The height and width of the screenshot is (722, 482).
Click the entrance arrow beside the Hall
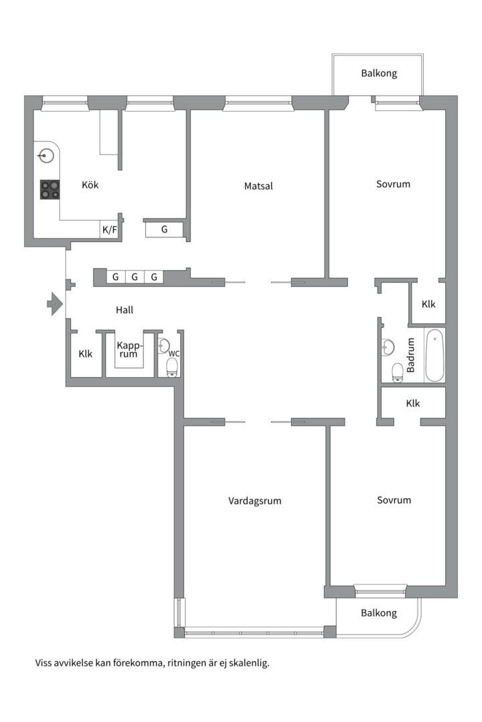click(x=55, y=304)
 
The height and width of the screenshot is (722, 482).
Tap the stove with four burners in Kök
click(x=50, y=189)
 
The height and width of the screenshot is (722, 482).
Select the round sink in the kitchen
click(x=46, y=156)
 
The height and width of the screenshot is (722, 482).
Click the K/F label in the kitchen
click(x=110, y=229)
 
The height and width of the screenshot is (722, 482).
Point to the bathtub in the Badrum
click(x=434, y=354)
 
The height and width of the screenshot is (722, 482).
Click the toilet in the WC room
click(x=172, y=368)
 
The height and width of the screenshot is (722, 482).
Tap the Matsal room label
click(x=258, y=186)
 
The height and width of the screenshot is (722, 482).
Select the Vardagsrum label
click(x=254, y=501)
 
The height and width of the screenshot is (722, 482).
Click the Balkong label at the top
click(x=379, y=74)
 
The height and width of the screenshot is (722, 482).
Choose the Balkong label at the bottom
click(x=379, y=613)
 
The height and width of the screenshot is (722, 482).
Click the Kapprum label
click(x=129, y=350)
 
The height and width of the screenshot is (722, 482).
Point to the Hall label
click(x=125, y=310)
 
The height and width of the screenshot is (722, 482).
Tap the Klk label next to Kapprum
click(x=85, y=354)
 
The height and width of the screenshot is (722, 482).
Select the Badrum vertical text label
click(x=410, y=355)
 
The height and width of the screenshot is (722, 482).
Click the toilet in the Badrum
click(x=398, y=372)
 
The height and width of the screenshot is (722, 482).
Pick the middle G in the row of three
click(x=135, y=277)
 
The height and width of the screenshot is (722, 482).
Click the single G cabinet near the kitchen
click(x=164, y=229)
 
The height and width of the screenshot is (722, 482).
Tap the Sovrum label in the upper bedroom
click(x=393, y=185)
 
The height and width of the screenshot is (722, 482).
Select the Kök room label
click(x=90, y=185)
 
